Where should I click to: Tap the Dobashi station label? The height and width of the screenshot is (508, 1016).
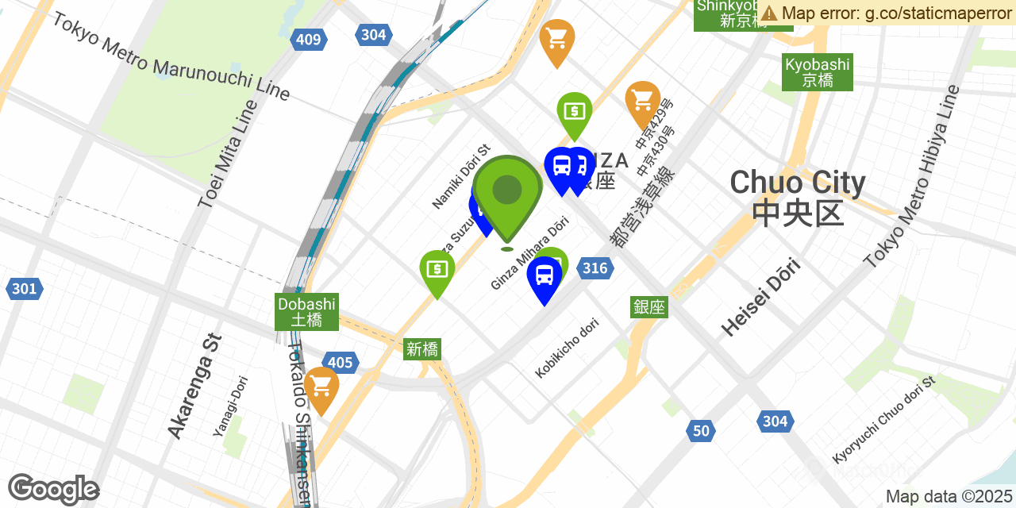pos(306,312)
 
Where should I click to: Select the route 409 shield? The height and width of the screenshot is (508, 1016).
pos(307,40)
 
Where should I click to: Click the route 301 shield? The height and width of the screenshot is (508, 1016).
pos(24,288)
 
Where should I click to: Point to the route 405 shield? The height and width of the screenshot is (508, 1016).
pos(340,363)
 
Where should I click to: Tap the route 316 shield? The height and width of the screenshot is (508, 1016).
pos(595,268)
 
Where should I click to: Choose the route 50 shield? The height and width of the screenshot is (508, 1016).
pos(700,430)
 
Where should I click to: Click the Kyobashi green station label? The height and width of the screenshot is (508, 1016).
pos(817,72)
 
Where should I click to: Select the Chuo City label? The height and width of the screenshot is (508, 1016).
pos(797,197)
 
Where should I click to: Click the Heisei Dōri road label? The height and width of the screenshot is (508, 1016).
pos(761,297)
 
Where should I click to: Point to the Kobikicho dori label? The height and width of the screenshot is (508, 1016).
pos(567,347)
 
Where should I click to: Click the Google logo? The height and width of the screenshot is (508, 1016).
pos(53,489)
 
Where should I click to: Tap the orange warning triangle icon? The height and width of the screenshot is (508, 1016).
pos(768,13)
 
